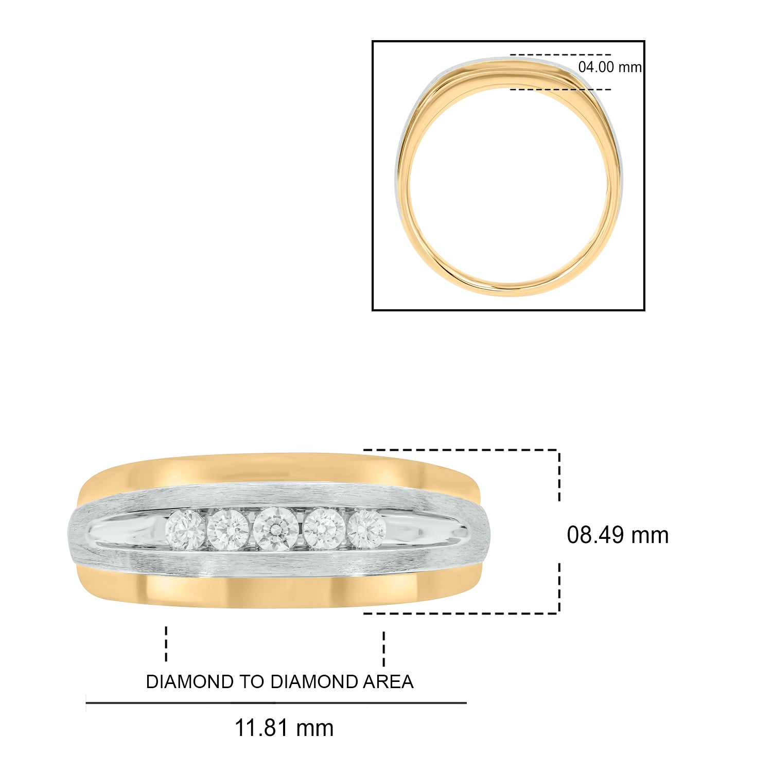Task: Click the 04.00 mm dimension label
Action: [610, 67]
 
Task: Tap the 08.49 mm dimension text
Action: [618, 535]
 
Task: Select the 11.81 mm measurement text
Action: [284, 728]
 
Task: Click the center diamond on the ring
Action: [275, 530]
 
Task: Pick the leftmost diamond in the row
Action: [185, 530]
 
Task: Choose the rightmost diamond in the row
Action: [366, 529]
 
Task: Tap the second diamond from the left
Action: [229, 530]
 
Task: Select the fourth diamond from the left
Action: [324, 529]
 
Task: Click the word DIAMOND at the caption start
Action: [190, 682]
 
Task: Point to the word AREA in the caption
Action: [388, 682]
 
